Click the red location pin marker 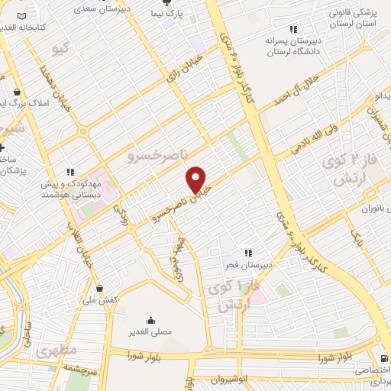coord(197,180)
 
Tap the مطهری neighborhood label coord(56,351)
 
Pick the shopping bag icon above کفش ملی coord(101,288)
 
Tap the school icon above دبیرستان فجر coord(247,253)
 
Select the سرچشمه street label coord(76,369)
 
